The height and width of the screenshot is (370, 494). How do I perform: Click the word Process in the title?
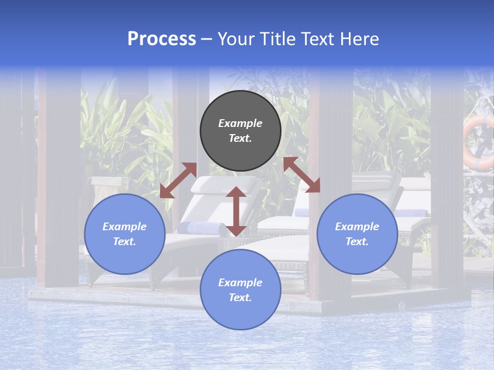(x=162, y=39)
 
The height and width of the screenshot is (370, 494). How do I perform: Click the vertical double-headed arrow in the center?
(x=236, y=211)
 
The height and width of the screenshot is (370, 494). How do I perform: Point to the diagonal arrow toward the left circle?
(x=178, y=180)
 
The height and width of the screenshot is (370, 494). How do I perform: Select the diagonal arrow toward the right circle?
(x=302, y=175)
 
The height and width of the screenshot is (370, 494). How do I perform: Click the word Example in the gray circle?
(x=240, y=123)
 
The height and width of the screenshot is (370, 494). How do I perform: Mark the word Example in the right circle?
(x=357, y=227)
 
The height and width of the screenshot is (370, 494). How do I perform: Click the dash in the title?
(x=207, y=39)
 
